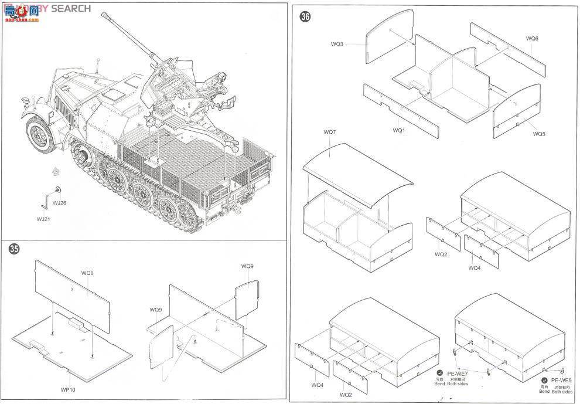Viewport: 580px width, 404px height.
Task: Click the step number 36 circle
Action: point(305,16)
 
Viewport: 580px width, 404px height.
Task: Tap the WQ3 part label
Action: point(337,44)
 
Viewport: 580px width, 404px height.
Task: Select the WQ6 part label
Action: point(532,39)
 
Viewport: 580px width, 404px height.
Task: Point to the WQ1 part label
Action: point(399,130)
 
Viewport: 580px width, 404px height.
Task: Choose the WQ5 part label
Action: point(539,134)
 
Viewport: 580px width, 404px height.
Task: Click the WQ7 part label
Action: point(329,132)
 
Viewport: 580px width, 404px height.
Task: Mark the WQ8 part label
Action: point(87,273)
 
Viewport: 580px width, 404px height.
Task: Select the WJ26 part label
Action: point(59,203)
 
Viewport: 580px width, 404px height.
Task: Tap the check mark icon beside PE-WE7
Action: point(439,372)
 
